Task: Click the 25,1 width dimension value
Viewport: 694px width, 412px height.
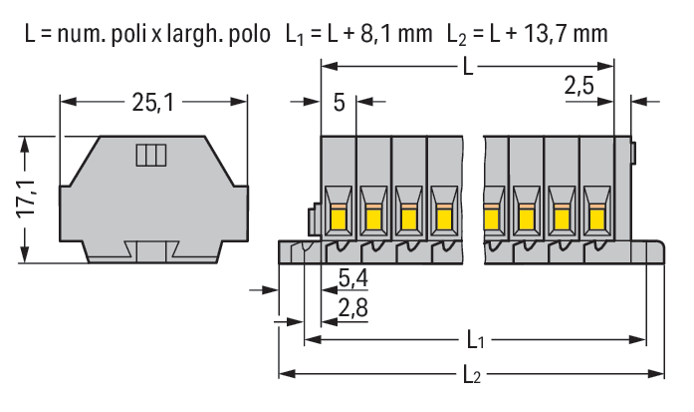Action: [x=153, y=102]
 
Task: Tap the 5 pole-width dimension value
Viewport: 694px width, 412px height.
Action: [x=340, y=102]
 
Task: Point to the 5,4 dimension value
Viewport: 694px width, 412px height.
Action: [x=352, y=277]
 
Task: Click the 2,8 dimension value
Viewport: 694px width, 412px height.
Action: [x=352, y=307]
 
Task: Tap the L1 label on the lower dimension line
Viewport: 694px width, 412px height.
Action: [x=475, y=341]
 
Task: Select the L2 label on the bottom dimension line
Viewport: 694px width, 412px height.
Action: [x=473, y=375]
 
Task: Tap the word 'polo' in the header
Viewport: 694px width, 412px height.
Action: [x=246, y=33]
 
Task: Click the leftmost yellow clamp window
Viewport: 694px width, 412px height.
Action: [x=339, y=216]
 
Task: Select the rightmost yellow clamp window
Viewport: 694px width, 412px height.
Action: [x=596, y=216]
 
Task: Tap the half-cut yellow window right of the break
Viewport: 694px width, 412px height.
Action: [x=491, y=216]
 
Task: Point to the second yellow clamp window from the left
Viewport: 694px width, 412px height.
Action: [x=373, y=216]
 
